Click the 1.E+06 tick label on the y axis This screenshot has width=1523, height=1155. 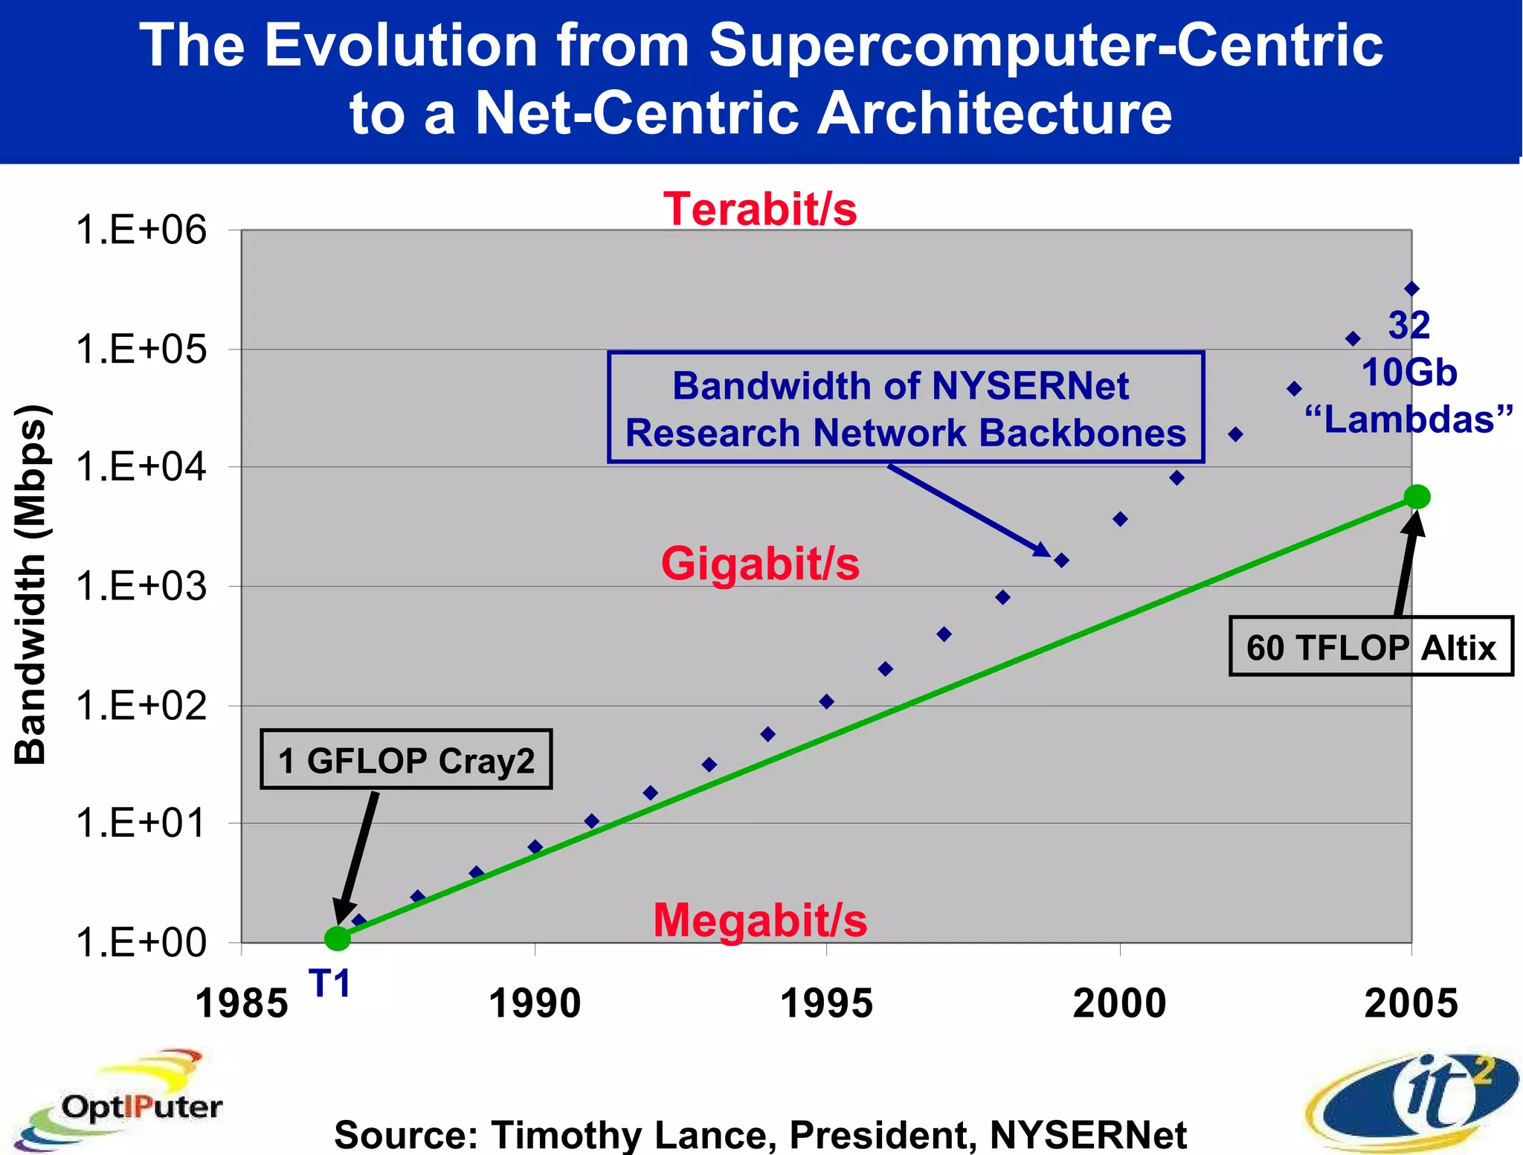click(141, 230)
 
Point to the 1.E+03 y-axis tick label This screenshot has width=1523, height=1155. click(141, 587)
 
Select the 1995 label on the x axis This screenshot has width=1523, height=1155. click(826, 1003)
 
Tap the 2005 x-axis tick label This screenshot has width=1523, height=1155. click(1411, 1003)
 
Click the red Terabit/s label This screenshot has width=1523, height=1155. click(760, 209)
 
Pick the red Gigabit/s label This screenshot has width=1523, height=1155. click(760, 564)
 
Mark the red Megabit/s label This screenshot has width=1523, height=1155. click(760, 921)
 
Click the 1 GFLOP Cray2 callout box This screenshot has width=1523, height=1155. click(406, 759)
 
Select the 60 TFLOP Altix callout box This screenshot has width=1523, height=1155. click(1371, 646)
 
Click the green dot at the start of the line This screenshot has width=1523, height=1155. click(338, 939)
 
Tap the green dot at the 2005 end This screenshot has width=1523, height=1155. click(1417, 496)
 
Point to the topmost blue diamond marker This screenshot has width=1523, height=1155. click(1411, 289)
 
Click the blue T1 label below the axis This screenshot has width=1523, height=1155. click(329, 984)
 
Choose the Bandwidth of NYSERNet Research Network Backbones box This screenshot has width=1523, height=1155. click(905, 408)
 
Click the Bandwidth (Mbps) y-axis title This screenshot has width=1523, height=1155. click(31, 585)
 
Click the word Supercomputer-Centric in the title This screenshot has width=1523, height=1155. click(1046, 45)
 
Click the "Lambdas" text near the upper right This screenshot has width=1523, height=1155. click(1409, 419)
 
